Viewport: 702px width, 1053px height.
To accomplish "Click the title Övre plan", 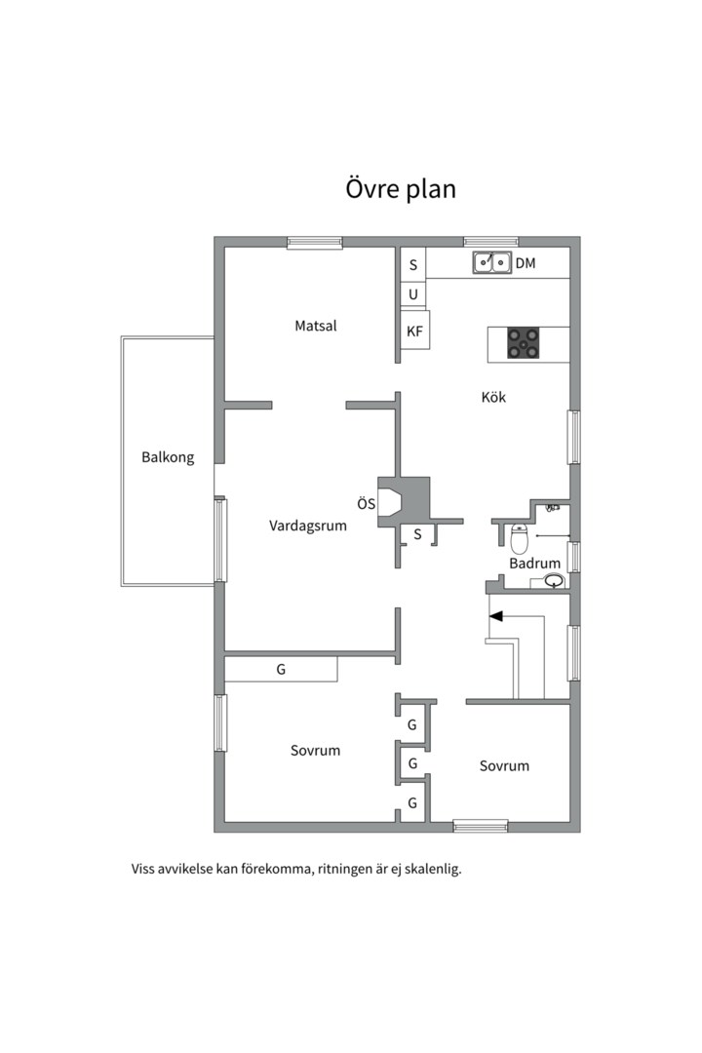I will point(400,188).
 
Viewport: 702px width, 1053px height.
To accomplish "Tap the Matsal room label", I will point(316,326).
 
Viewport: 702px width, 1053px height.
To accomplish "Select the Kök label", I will point(493,398).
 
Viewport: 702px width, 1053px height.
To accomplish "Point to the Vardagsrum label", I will point(308,526).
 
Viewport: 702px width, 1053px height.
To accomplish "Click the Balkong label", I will point(168,457).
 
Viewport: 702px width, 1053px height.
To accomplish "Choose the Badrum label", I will point(534,564).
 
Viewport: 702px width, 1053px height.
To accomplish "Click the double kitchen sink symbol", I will point(492,262).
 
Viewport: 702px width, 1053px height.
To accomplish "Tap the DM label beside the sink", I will point(526,263).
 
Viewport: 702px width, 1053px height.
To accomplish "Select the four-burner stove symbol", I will point(524,343).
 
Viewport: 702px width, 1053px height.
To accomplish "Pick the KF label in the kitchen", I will point(414,331).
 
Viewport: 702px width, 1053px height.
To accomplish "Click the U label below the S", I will point(413,294).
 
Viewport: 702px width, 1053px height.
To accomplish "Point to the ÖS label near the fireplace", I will point(366,504).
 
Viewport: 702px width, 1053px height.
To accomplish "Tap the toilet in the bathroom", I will point(520,538).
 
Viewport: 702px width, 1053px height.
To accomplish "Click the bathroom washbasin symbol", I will point(554,582).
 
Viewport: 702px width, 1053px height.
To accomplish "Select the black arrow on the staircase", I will point(496,616).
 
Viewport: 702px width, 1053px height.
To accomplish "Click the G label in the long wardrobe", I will point(281,670).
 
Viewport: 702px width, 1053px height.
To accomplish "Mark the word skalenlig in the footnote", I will point(429,869).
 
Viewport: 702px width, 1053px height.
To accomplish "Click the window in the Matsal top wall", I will point(314,243).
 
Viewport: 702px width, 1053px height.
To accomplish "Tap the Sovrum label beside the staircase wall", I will point(504,765).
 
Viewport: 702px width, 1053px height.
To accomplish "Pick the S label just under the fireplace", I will point(417,534).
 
